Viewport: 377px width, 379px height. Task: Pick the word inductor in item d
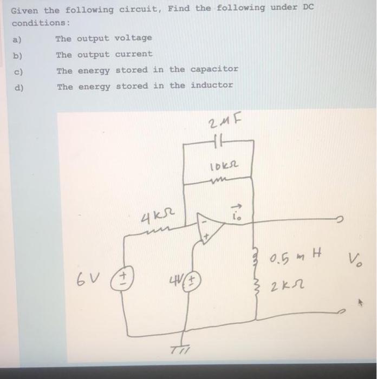(212, 85)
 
